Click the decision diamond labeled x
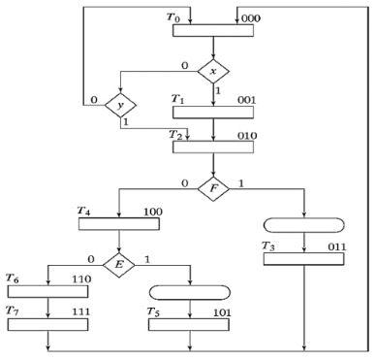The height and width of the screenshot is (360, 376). click(x=212, y=71)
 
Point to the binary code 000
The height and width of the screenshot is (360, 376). click(x=249, y=16)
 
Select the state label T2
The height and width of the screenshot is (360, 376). click(x=176, y=134)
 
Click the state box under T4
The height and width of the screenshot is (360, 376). click(x=118, y=224)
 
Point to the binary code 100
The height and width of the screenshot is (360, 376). click(x=151, y=212)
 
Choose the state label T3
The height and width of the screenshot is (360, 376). click(x=269, y=248)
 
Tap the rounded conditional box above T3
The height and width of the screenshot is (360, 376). click(x=303, y=226)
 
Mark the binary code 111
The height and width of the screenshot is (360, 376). click(x=77, y=311)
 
